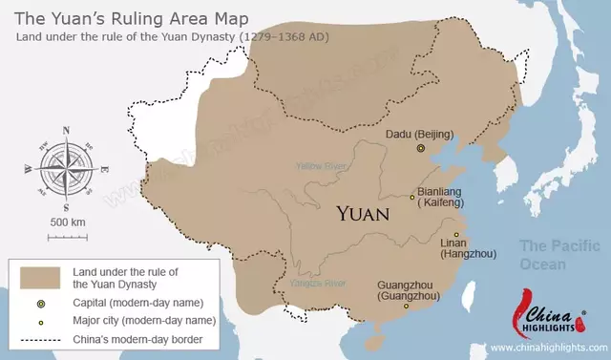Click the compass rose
point(66,167)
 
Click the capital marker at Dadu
point(420,149)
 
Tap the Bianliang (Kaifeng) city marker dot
point(412,198)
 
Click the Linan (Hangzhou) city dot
point(456,235)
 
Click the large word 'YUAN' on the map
point(362,214)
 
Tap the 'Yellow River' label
point(320,165)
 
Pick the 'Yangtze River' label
point(320,283)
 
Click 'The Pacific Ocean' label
point(556,254)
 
